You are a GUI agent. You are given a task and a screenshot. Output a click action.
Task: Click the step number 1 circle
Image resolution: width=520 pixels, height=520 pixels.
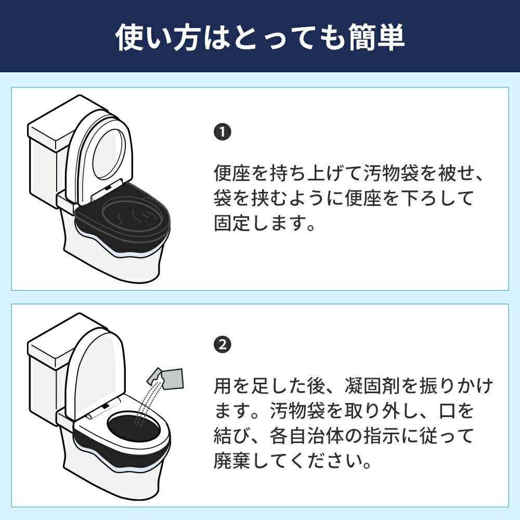(x=222, y=132)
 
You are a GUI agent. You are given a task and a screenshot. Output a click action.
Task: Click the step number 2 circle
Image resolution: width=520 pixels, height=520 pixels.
(x=222, y=345)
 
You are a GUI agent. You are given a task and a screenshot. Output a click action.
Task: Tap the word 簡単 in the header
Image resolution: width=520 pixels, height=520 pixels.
(x=376, y=37)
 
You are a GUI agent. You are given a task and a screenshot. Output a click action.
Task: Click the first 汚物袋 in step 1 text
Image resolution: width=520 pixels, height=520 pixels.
(x=391, y=173)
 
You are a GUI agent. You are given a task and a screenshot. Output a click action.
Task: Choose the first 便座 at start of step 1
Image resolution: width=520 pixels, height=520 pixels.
(x=232, y=173)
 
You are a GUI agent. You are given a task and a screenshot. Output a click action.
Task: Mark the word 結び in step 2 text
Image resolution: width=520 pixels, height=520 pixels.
(x=232, y=435)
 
